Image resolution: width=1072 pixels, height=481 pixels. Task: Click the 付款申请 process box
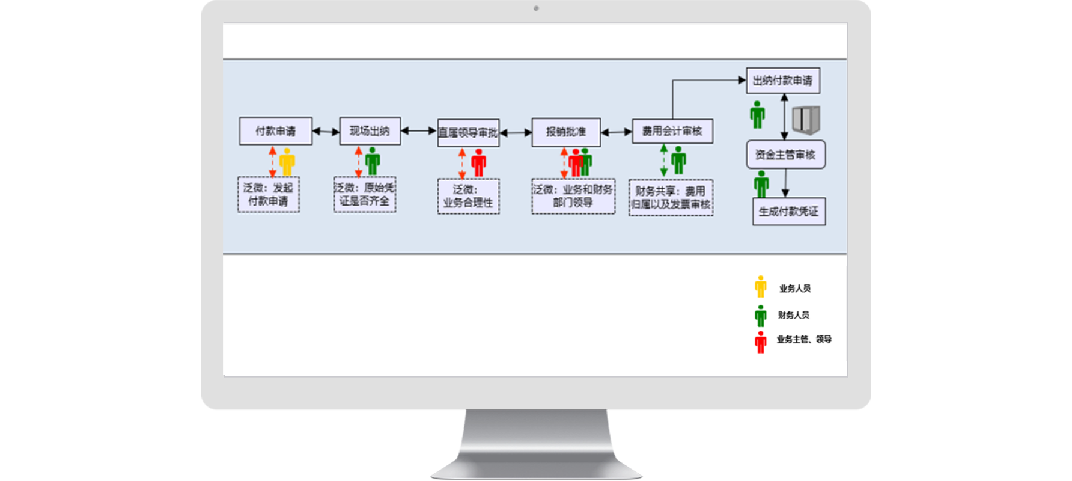pos(276,131)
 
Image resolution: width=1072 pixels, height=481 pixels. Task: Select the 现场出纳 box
pos(370,131)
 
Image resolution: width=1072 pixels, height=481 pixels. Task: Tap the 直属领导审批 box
pos(468,133)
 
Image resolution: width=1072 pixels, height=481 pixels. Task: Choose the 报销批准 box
pos(566,132)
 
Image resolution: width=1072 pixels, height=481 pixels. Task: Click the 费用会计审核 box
pos(672,131)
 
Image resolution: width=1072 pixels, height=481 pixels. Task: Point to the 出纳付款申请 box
pos(783,81)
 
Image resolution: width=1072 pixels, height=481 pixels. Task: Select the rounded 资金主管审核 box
pos(785,155)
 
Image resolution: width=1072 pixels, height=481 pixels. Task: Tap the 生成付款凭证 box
pos(789,212)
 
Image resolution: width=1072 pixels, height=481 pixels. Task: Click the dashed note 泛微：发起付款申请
pos(269,194)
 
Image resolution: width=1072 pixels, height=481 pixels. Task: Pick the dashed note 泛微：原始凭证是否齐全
pos(365,194)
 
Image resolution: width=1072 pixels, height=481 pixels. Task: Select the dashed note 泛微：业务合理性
pos(468,196)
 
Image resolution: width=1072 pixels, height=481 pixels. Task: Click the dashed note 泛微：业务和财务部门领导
pos(573,196)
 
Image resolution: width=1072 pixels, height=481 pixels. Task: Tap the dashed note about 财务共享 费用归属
pos(671,198)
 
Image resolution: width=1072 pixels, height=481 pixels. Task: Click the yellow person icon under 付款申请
pos(287,161)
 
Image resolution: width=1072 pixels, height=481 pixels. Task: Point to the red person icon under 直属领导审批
pos(479,162)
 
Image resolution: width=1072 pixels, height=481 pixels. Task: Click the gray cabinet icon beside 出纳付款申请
pos(806,120)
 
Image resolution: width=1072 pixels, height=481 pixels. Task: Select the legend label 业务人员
pos(795,289)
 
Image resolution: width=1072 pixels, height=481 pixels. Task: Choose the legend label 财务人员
pos(793,315)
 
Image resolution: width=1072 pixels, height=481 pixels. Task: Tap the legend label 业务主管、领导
pos(804,340)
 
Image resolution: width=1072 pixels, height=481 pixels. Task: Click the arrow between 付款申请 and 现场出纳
pos(326,131)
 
